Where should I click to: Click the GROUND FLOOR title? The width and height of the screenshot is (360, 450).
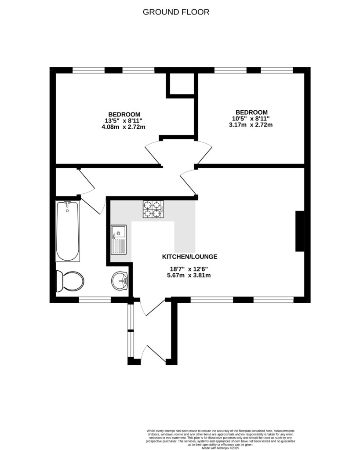point(176,12)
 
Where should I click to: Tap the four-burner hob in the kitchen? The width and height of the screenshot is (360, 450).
point(153,209)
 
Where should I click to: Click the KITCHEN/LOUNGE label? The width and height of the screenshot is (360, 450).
point(190,257)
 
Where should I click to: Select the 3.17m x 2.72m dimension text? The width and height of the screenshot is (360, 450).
point(251,125)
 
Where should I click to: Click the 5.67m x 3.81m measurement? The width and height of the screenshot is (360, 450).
point(189,276)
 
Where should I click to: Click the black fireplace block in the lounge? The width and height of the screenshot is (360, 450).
point(300,231)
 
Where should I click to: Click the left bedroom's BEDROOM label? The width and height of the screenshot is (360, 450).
point(124,114)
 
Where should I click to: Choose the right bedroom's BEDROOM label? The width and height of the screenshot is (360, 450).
point(251,112)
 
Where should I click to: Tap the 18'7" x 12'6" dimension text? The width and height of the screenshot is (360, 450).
point(189,269)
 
